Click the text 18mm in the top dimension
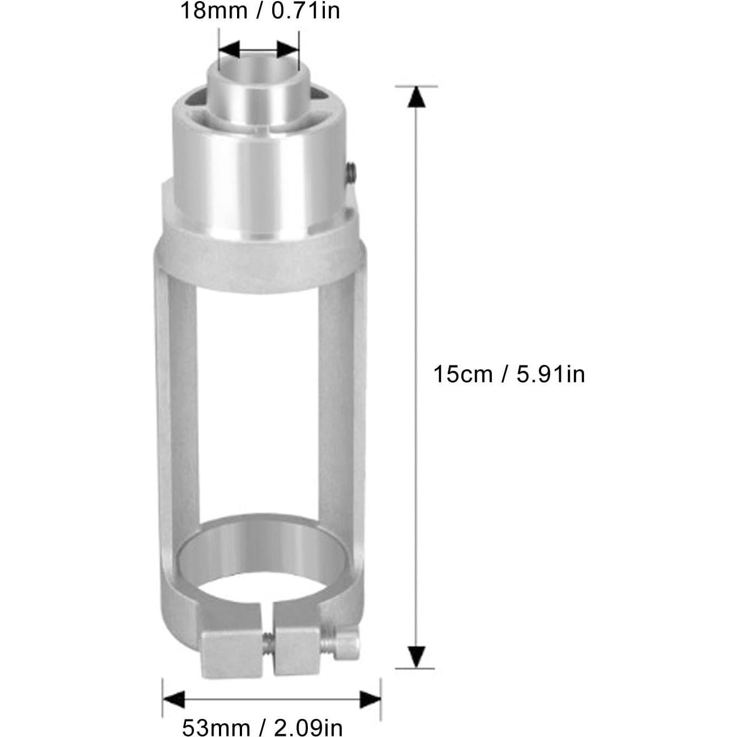(212, 11)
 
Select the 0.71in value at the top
(306, 11)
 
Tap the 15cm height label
(463, 374)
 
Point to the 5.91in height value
(550, 374)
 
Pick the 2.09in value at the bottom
(308, 728)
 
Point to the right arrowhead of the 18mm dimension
(288, 49)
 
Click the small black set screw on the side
(351, 173)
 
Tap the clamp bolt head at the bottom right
(348, 643)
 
